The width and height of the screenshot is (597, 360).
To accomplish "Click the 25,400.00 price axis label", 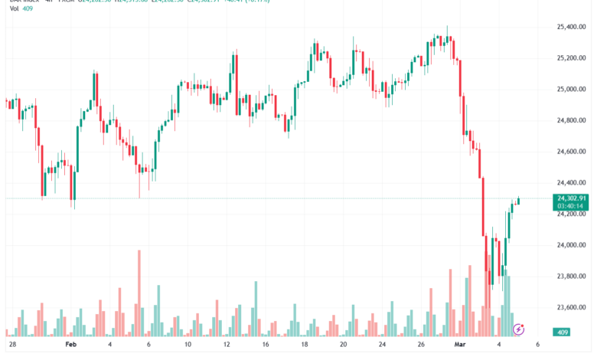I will point(571,27).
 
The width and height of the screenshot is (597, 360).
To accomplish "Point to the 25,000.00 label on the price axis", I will point(571,90).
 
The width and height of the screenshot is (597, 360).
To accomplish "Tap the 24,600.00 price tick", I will point(571,152).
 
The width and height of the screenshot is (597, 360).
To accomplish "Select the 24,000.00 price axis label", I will point(571,245).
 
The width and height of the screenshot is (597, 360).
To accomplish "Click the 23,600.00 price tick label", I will point(571,307).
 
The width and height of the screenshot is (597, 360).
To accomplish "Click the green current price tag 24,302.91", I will point(571,198).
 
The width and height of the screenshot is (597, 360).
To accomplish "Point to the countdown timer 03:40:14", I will point(571,206).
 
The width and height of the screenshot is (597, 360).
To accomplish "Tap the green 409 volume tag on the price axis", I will point(563,332).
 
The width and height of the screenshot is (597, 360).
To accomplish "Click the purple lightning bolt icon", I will point(519,329).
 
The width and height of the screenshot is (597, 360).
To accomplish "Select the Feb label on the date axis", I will point(70,345).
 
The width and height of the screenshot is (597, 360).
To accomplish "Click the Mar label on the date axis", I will point(459,345).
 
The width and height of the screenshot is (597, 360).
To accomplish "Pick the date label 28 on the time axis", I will point(12,345).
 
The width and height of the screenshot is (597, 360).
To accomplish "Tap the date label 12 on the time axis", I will point(227,345).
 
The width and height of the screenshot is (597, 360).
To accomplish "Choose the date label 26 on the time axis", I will point(422,345).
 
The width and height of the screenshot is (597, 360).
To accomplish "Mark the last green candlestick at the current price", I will point(518,201).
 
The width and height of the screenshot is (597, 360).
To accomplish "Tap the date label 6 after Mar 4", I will point(538,345).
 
